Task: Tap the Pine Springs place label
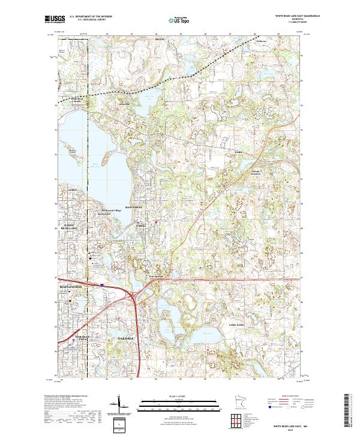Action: tap(156, 276)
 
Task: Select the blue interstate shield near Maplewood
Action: tap(102, 285)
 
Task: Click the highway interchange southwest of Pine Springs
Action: tap(137, 294)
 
